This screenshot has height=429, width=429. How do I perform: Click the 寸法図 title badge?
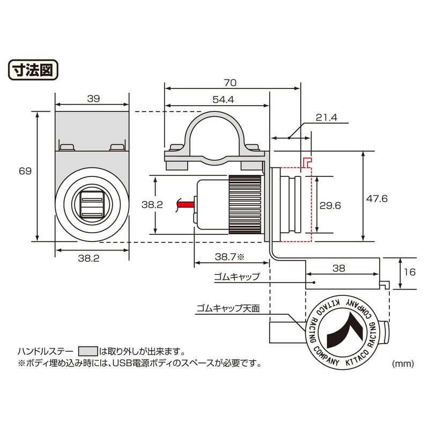click(33, 70)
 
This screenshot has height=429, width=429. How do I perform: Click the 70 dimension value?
click(230, 83)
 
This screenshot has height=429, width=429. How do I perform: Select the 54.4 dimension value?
click(223, 99)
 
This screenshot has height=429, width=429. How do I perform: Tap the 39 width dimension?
click(93, 99)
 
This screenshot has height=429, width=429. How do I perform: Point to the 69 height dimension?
click(25, 171)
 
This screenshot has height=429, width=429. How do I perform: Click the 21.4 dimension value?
click(327, 117)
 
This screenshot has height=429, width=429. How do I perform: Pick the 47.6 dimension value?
click(377, 198)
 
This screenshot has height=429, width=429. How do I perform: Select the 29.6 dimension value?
click(330, 205)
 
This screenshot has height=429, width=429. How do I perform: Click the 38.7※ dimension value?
click(230, 257)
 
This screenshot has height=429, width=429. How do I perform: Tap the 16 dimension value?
click(410, 272)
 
